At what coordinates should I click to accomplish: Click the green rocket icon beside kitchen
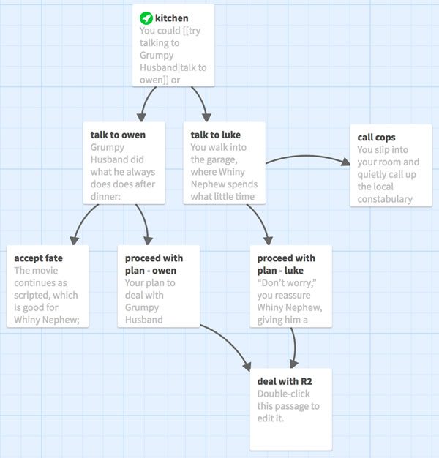[146, 18]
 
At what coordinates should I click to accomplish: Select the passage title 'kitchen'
[171, 18]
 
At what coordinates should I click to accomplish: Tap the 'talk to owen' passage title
[118, 135]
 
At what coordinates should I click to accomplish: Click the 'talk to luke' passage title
[216, 135]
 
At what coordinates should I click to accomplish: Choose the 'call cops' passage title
[376, 138]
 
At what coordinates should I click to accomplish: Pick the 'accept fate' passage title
[38, 258]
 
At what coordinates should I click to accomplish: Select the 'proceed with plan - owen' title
[154, 264]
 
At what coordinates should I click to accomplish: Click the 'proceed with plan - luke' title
[286, 264]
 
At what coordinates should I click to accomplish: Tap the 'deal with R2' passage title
[285, 381]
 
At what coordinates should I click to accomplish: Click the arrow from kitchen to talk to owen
[146, 102]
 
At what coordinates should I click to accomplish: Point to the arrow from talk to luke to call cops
[307, 157]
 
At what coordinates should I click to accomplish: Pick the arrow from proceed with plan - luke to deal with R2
[294, 348]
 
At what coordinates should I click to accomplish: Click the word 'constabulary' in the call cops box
[385, 199]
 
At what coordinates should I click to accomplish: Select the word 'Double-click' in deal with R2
[283, 394]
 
